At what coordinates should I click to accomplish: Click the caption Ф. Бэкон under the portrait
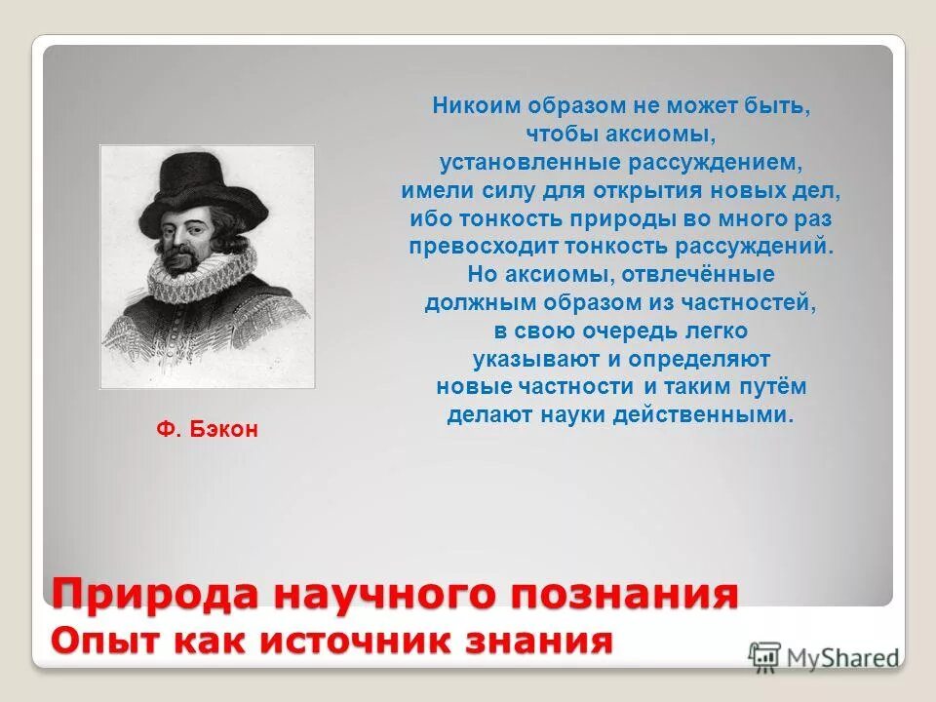208,429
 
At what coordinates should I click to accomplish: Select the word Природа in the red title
155,594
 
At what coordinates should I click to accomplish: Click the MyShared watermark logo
824,657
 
